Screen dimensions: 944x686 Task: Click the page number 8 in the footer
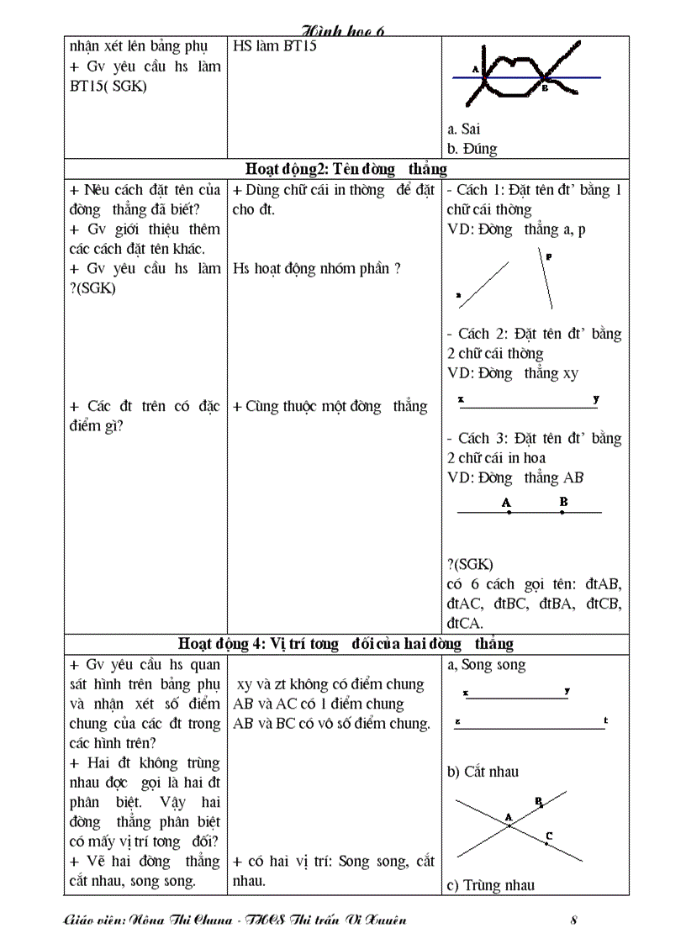tap(573, 920)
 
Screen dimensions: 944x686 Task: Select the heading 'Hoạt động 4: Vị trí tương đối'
tap(346, 644)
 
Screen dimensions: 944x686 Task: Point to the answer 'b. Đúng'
tap(472, 149)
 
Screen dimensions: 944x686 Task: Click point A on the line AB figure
tap(508, 512)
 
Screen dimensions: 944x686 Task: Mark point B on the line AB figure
tap(562, 512)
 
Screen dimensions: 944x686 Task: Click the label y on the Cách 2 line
tap(595, 398)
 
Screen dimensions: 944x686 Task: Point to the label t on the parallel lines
tap(605, 720)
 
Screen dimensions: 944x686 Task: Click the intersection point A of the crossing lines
tap(509, 825)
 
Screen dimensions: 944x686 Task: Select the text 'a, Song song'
tap(487, 665)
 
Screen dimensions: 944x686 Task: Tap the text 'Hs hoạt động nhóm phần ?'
tap(317, 269)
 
